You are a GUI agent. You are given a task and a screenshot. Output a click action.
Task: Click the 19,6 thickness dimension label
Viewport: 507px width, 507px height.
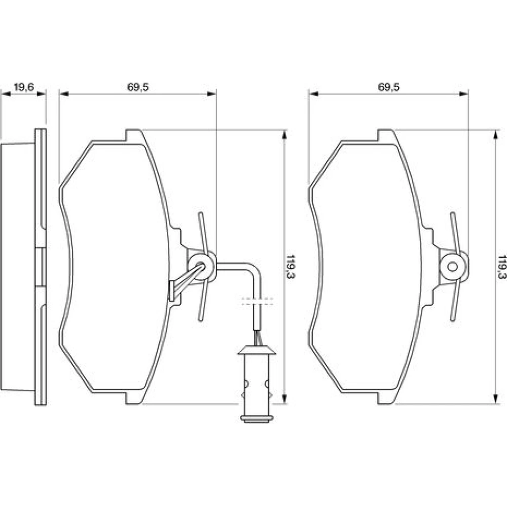[x=24, y=87]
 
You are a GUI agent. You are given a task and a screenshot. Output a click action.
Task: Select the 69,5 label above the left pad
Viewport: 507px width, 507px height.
[x=138, y=87]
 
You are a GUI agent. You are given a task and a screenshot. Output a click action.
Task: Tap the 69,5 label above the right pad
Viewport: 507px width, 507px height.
[x=389, y=87]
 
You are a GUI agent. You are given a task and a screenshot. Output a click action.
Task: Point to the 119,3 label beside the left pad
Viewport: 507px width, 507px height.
[x=291, y=267]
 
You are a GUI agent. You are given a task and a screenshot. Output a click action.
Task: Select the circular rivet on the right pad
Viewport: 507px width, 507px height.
[x=452, y=267]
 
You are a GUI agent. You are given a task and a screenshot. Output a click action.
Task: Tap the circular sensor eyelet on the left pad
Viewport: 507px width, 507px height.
[x=202, y=267]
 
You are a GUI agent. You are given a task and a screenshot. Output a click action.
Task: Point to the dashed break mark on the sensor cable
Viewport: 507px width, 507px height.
[x=257, y=301]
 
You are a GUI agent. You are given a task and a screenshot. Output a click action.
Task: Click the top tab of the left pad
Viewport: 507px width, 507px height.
[x=133, y=135]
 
